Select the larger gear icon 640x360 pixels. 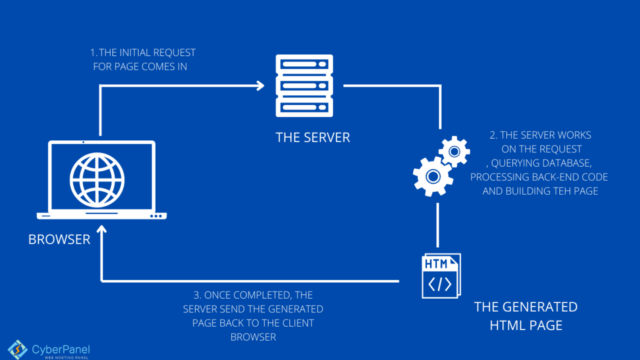tap(432, 176)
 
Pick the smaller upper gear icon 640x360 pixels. tap(454, 151)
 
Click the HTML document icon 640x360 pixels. tap(441, 276)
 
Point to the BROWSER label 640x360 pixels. tap(59, 239)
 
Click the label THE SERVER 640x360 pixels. tap(312, 137)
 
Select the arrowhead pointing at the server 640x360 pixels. tap(260, 85)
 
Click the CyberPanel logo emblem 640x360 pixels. tap(18, 349)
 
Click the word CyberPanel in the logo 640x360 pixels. tap(60, 349)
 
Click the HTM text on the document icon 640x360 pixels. tap(436, 264)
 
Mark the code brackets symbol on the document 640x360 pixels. tap(439, 284)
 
